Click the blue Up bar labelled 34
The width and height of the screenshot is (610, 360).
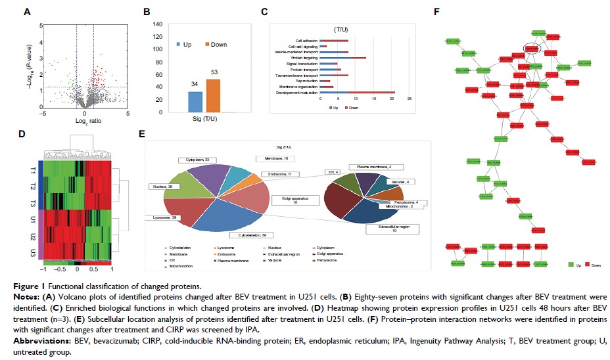click(195, 102)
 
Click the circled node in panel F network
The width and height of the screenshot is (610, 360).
click(532, 48)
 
